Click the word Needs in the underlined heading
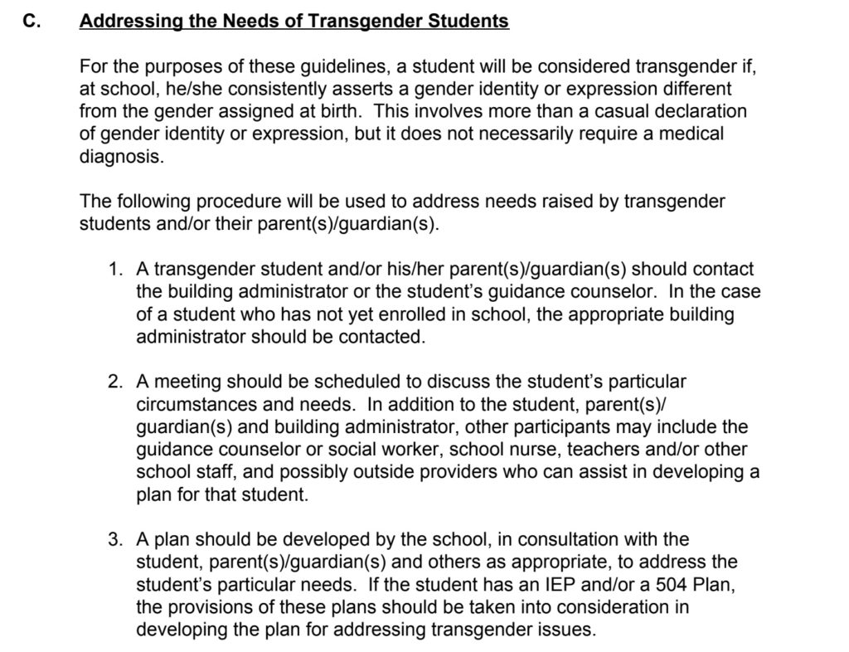244,22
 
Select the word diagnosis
120,155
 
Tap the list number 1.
115,270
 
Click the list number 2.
115,383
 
